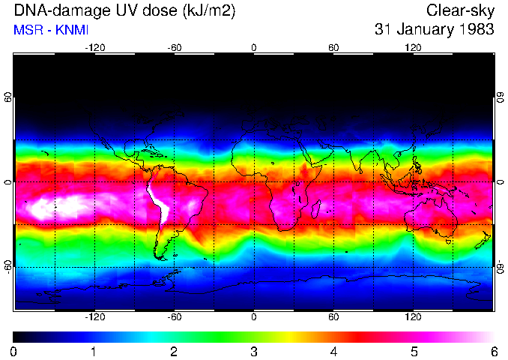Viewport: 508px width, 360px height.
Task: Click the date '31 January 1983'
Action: click(x=434, y=30)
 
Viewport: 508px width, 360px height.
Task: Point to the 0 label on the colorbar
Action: click(x=14, y=351)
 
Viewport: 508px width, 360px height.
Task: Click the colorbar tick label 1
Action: click(x=94, y=351)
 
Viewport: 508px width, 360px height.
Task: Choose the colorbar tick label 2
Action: click(x=174, y=351)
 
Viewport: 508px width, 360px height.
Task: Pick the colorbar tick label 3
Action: click(x=254, y=351)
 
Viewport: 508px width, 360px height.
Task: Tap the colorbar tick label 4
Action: click(x=334, y=351)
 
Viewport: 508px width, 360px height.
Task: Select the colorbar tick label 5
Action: click(x=414, y=351)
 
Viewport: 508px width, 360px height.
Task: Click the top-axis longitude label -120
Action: click(x=94, y=48)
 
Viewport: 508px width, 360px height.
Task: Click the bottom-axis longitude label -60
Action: click(x=174, y=317)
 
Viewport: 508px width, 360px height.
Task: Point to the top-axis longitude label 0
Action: click(x=254, y=48)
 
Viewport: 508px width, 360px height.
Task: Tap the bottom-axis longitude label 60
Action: click(x=333, y=317)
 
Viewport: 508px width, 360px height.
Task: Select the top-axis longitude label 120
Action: click(x=414, y=48)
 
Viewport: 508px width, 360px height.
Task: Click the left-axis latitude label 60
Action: click(x=8, y=97)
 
